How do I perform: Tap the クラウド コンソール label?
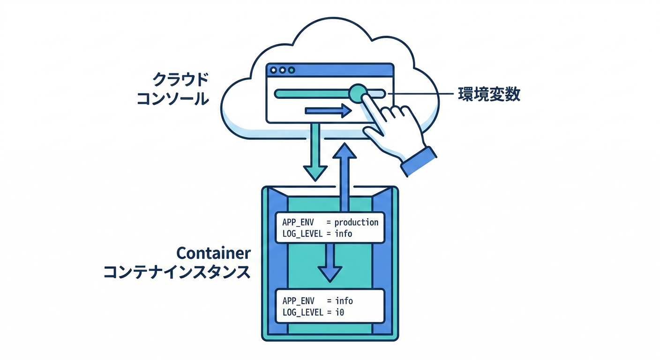point(172,89)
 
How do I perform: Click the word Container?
point(213,254)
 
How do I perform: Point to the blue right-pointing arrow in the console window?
point(328,111)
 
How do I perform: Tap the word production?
point(356,222)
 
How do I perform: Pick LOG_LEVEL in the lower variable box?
point(302,312)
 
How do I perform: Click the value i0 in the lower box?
point(339,312)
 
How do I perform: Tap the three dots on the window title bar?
point(282,70)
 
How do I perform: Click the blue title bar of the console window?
point(337,70)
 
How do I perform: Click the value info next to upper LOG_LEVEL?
point(343,233)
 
